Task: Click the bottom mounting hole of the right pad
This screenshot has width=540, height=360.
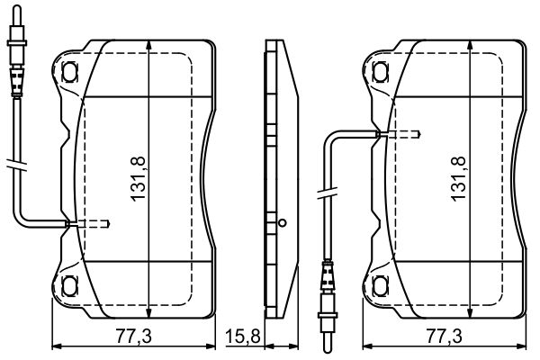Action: click(376, 286)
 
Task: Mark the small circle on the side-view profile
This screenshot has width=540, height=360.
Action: click(282, 223)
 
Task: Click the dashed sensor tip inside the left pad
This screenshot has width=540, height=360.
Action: click(93, 224)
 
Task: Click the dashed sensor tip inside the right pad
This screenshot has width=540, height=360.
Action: click(403, 135)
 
